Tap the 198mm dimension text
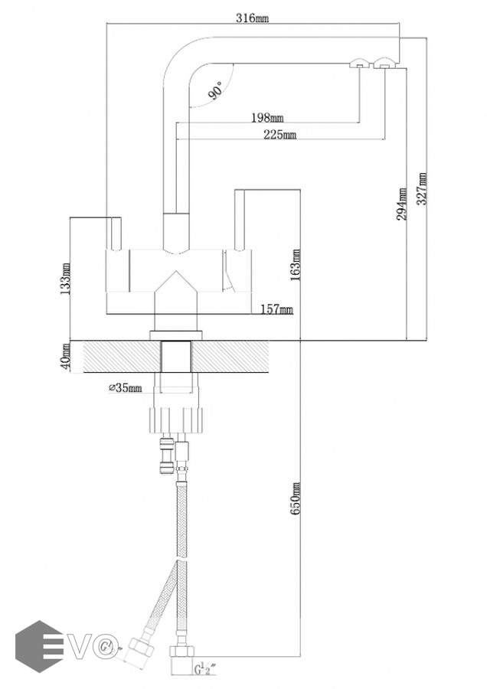tap(267, 117)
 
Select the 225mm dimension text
tap(280, 135)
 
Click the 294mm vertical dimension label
tap(402, 204)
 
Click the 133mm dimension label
tap(65, 279)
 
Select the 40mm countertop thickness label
tap(65, 357)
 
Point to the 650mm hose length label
tap(296, 498)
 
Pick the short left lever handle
tap(114, 233)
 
